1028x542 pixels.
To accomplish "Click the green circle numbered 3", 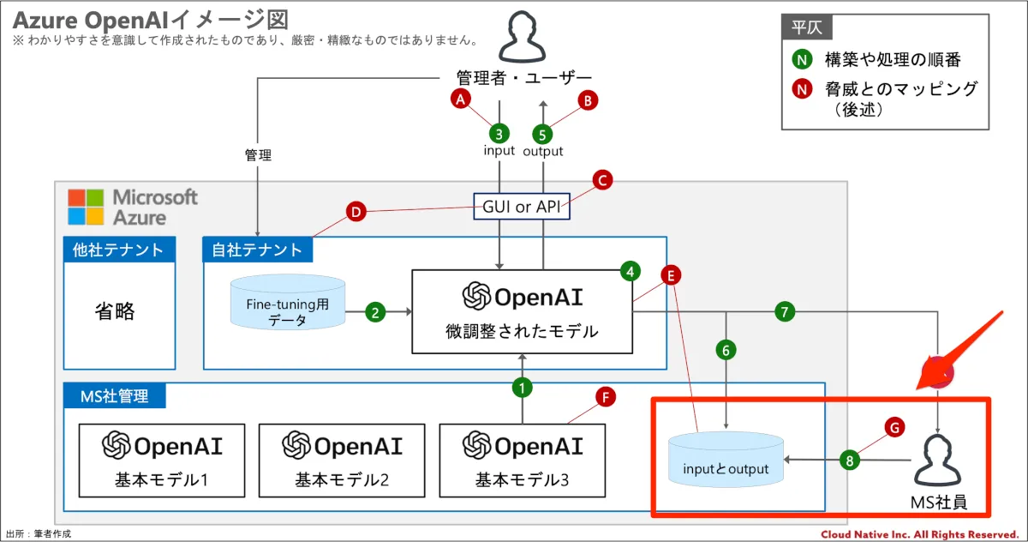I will (499, 134).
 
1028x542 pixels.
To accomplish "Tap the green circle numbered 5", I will (542, 134).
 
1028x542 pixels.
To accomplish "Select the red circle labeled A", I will (462, 99).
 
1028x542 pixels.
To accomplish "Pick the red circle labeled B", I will (588, 100).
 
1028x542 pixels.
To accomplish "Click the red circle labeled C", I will (602, 180).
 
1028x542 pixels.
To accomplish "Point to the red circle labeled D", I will (356, 211).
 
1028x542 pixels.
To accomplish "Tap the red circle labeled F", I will (606, 397).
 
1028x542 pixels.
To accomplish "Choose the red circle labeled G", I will (894, 426).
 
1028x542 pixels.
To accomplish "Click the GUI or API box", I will (522, 206).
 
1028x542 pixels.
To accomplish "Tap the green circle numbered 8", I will (849, 461).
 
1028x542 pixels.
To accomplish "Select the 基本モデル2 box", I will (342, 461).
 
